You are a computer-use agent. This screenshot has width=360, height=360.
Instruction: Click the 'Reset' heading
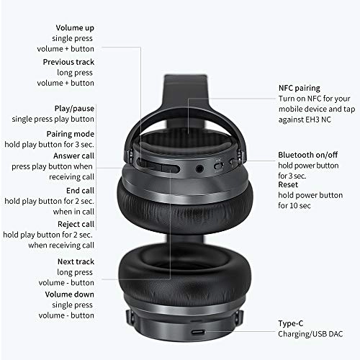(x=289, y=184)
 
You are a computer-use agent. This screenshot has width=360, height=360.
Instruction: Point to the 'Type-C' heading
(x=292, y=323)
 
